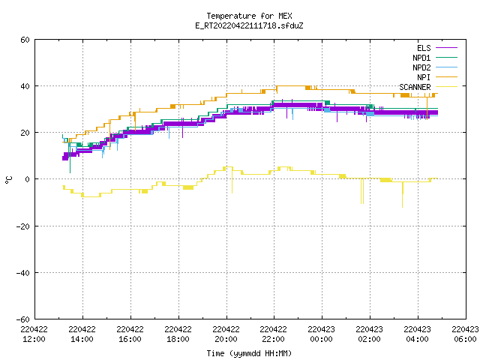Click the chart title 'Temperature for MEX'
tap(249, 16)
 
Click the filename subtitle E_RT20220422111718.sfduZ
tap(249, 25)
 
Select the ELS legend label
tap(424, 48)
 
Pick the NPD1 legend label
tap(421, 58)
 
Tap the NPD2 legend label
tap(421, 67)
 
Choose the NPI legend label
tap(424, 77)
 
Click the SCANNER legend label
tap(415, 87)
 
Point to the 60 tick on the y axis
tap(25, 40)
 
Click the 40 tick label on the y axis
tap(25, 86)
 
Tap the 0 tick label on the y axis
tap(27, 179)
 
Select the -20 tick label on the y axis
tap(23, 226)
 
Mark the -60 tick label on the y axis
tap(23, 319)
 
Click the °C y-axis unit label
tap(9, 180)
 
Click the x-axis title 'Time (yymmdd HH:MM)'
tap(249, 353)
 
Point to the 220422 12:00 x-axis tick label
tap(34, 334)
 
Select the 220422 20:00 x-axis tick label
tap(226, 334)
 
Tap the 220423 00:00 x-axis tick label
tap(321, 334)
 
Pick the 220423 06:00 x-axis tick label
tap(465, 334)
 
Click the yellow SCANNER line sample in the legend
tap(446, 87)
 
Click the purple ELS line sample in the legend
tap(446, 48)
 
